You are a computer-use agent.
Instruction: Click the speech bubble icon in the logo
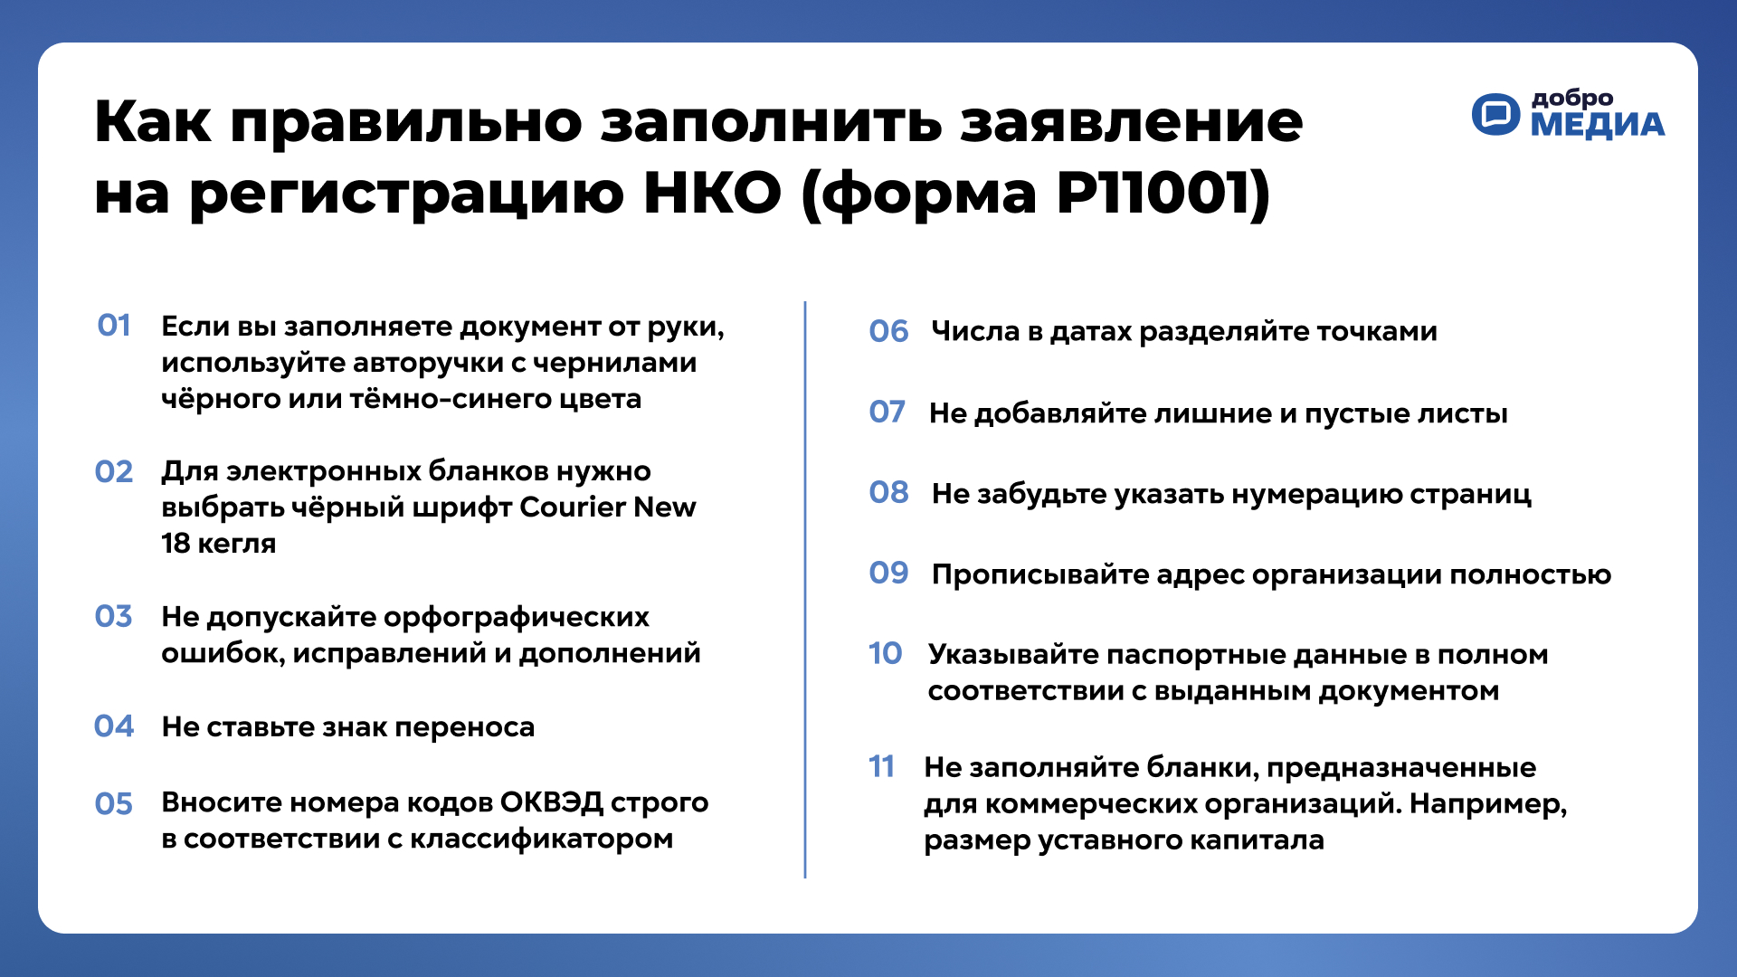[x=1496, y=114]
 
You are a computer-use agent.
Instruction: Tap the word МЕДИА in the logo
[x=1598, y=125]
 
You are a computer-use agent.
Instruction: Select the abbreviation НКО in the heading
[x=712, y=193]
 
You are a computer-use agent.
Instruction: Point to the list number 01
[x=114, y=326]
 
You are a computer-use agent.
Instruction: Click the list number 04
[x=114, y=726]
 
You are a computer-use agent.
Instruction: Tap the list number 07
[x=887, y=413]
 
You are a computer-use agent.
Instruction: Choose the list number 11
[x=881, y=767]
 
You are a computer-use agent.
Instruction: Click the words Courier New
[x=608, y=507]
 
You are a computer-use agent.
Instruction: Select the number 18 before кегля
[x=176, y=544]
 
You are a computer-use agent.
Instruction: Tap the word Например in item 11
[x=1488, y=804]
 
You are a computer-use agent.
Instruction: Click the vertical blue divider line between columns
[x=805, y=590]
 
